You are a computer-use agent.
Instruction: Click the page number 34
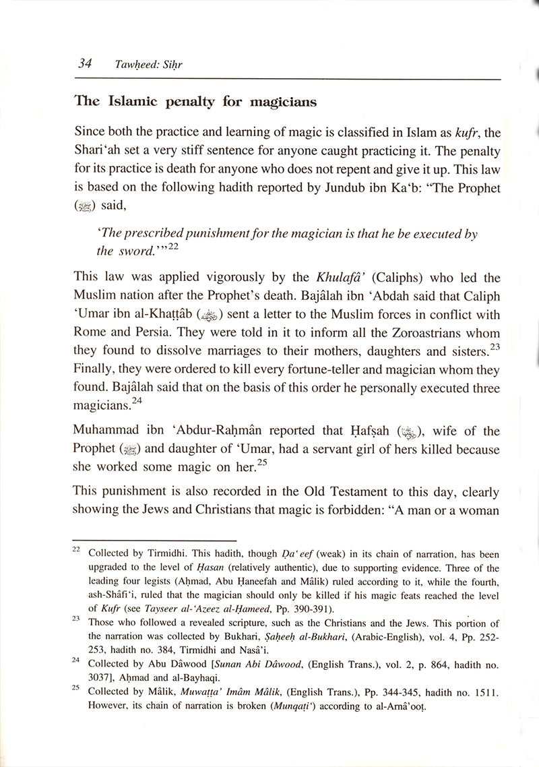[85, 64]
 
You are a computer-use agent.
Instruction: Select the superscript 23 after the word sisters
[495, 346]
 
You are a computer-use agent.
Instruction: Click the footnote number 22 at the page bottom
[76, 549]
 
